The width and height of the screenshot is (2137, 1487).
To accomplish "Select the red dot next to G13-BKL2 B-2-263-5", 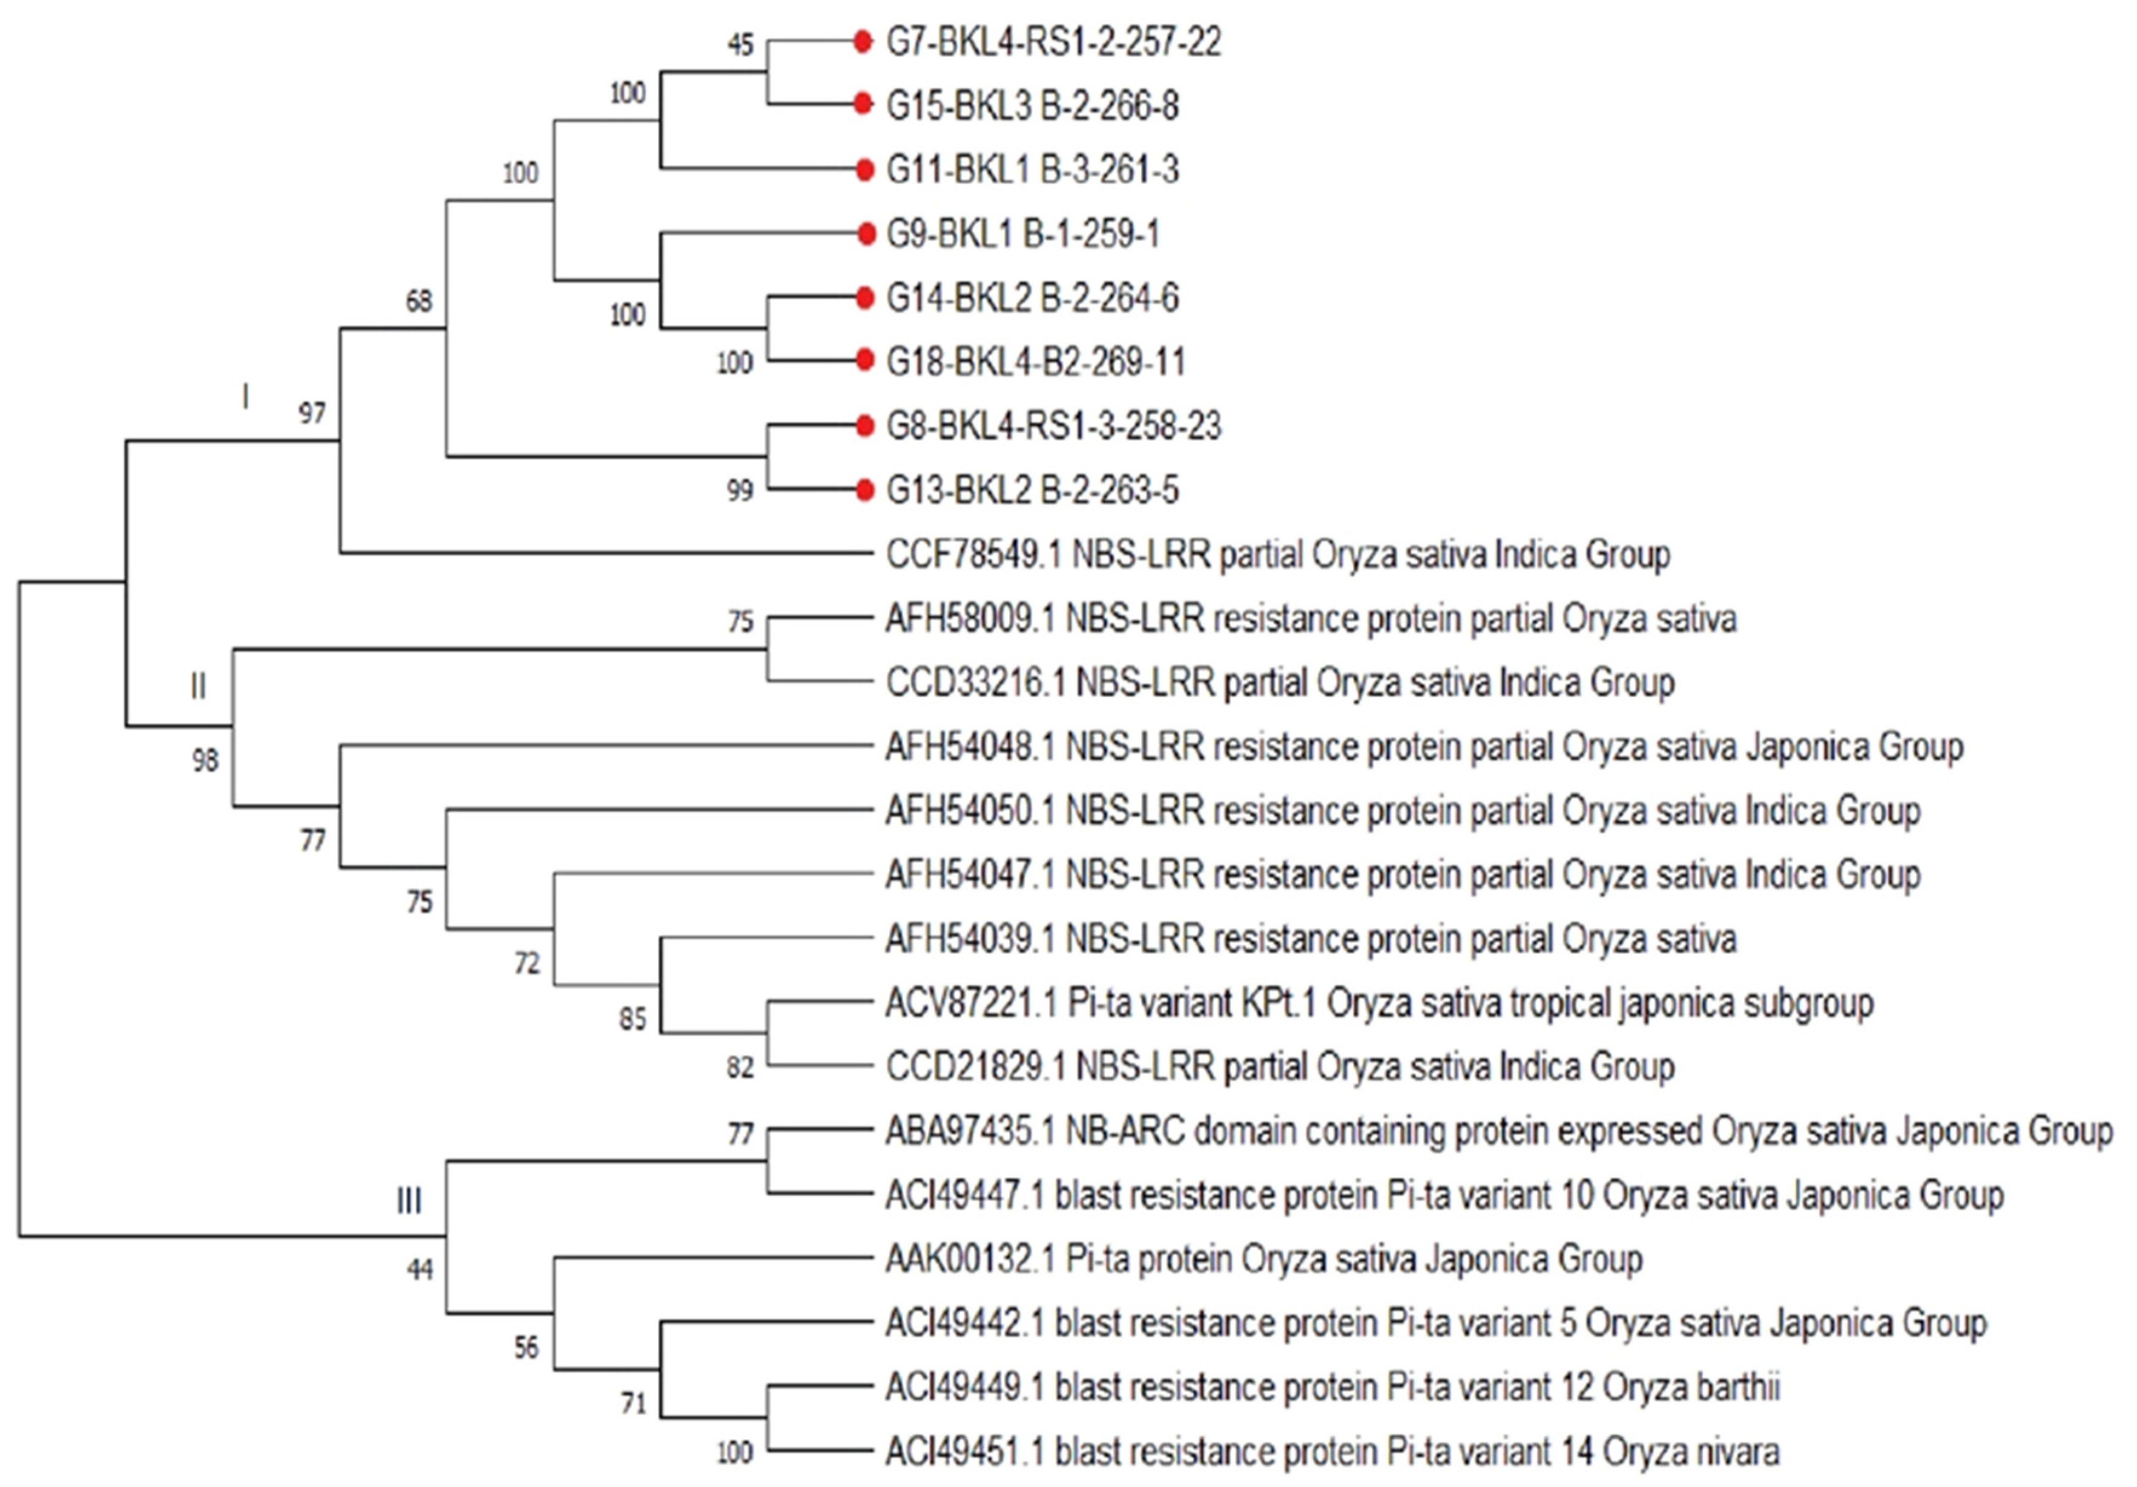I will click(866, 490).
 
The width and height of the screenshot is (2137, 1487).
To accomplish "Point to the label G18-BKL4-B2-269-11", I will click(1035, 362).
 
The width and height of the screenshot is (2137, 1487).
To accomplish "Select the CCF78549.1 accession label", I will click(973, 554).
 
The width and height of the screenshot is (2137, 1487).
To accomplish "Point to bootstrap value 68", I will click(419, 301).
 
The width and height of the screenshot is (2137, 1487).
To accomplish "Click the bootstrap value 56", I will click(527, 1347).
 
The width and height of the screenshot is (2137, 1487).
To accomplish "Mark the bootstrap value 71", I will click(634, 1402).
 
